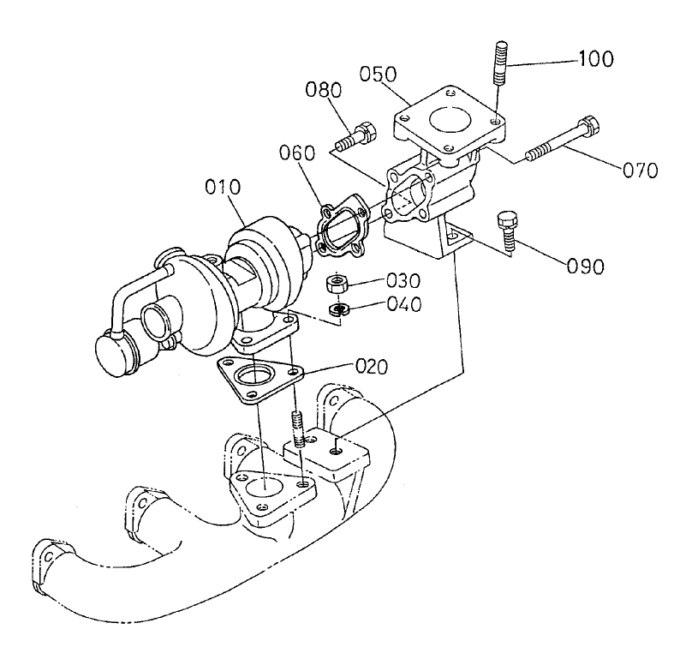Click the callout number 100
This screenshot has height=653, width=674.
pos(597,60)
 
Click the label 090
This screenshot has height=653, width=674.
pos(585,265)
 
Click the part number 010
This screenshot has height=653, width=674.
pos(224,186)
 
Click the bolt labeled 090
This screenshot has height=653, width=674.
pos(508,231)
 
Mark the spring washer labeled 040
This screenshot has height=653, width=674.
pos(340,308)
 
